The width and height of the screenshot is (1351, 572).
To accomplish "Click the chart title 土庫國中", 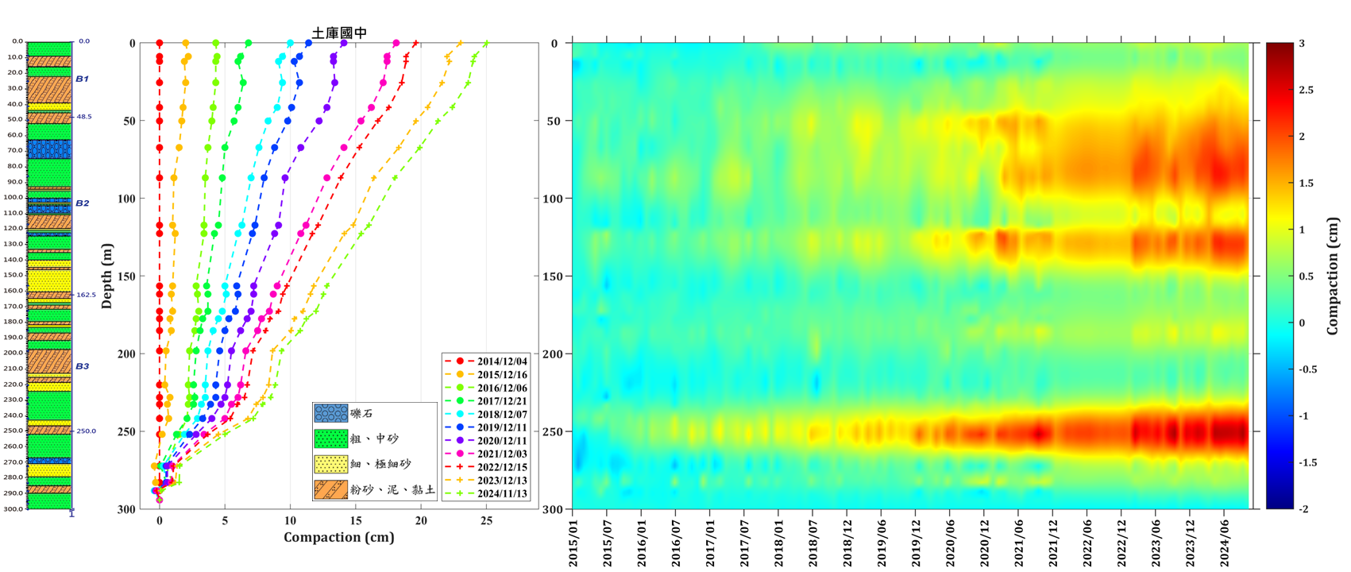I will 339,33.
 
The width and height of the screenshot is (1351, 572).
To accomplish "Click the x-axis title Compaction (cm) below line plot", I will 339,537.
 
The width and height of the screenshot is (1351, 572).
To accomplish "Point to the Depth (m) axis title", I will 108,276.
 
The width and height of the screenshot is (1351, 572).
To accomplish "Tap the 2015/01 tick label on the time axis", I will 573,543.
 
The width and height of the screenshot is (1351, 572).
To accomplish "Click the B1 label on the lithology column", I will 83,79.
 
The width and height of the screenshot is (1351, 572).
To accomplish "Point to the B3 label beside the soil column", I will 83,366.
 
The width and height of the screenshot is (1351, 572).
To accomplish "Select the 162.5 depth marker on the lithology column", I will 86,295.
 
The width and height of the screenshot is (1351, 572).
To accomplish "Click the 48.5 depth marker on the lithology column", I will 84,117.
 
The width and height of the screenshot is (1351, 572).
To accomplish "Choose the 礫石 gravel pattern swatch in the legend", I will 330,414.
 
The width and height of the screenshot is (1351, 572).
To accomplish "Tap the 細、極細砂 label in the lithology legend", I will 376,464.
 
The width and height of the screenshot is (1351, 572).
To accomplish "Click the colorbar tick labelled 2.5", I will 1306,90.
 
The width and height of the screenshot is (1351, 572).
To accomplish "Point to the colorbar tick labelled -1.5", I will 1306,462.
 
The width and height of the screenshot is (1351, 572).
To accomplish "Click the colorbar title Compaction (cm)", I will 1334,276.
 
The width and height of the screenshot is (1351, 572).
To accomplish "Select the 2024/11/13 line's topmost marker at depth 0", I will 486,44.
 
